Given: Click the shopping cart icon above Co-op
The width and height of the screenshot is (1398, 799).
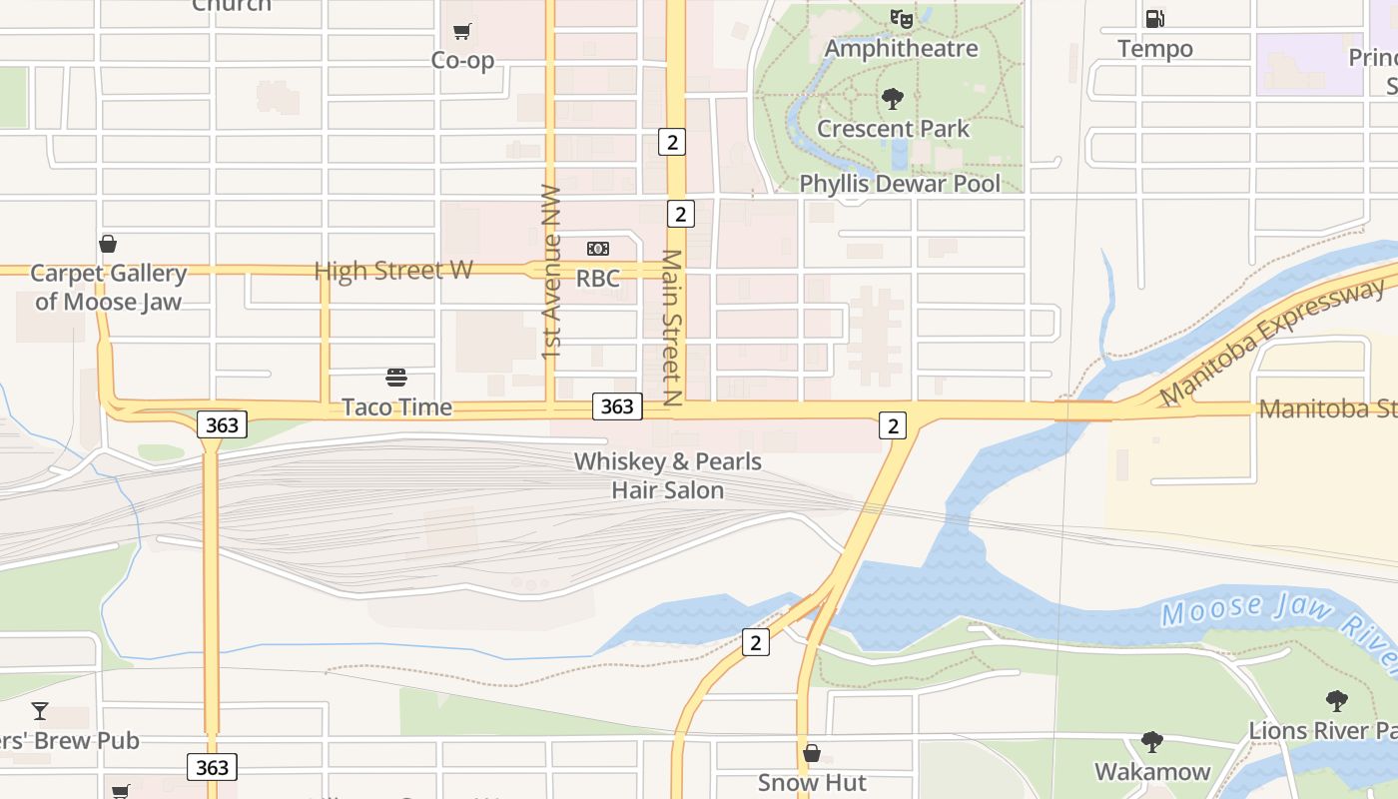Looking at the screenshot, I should point(461,32).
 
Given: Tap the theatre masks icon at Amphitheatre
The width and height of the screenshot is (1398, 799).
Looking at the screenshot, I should point(902,18).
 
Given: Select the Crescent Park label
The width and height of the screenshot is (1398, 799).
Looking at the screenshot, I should point(893,129).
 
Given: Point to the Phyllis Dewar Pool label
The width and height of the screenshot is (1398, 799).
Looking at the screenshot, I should point(900,184).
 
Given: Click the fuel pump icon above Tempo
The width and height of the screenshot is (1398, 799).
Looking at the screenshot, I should point(1154,18).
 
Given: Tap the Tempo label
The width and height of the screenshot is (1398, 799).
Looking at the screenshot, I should point(1154,49).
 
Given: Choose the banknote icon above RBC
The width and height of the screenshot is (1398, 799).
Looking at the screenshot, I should point(597,249).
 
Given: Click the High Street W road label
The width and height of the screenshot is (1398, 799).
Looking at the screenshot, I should point(393,271).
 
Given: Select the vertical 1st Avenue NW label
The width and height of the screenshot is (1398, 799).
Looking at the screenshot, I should point(551,271).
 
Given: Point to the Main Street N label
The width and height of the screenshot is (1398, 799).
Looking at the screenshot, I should point(672,328).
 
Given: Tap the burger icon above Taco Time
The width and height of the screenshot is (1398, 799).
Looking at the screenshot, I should point(396,378).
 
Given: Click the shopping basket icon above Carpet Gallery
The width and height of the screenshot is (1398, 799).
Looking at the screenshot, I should point(108,244).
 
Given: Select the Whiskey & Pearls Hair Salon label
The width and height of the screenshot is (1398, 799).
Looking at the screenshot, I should point(667,476).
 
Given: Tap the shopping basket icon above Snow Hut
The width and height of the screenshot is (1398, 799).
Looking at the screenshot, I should point(812,753).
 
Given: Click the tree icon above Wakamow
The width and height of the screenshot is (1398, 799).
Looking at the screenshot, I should point(1151,742).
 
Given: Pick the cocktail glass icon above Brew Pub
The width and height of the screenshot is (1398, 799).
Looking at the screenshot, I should point(40,711).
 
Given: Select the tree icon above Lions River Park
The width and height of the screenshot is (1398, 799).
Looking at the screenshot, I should point(1336,701).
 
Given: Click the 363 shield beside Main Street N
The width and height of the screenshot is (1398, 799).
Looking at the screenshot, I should point(616,405).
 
